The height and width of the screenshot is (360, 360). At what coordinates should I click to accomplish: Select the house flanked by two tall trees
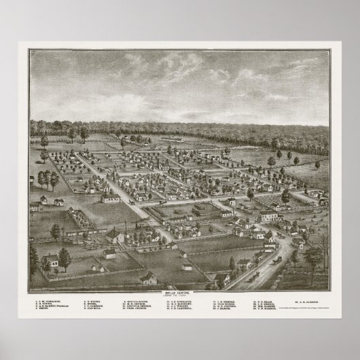pyautogui.click(x=51, y=260)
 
